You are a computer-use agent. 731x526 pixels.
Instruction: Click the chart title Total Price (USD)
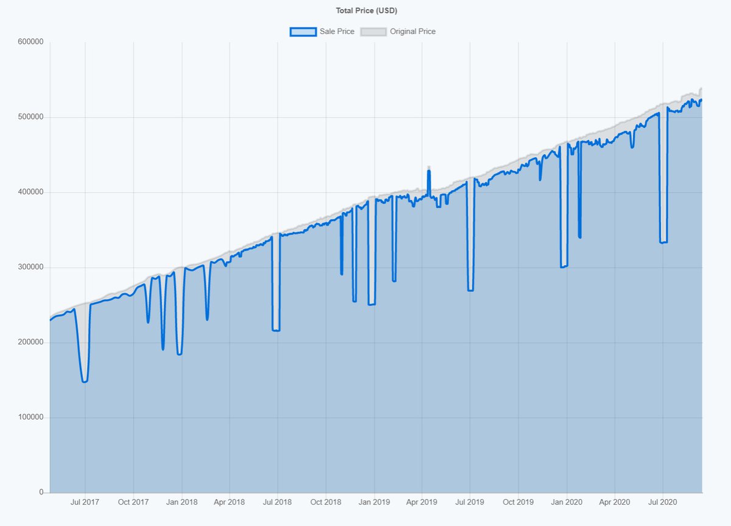(367, 10)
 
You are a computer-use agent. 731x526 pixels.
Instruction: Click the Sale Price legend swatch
(303, 32)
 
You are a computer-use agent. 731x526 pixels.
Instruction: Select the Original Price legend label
(412, 32)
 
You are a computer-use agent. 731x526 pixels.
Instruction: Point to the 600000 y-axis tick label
(30, 42)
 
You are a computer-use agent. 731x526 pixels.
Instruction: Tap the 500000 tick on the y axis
(30, 117)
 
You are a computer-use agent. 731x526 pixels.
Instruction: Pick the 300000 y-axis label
(30, 268)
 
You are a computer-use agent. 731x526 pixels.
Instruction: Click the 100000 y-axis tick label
(30, 418)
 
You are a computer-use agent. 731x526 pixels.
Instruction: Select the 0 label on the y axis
(41, 492)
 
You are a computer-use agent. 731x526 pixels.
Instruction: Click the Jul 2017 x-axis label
(85, 503)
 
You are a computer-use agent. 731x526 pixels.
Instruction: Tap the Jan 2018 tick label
(182, 503)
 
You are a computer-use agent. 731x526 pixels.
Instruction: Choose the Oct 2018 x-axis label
(326, 503)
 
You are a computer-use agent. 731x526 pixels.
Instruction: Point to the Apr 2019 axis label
(422, 503)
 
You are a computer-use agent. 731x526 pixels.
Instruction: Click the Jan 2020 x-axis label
(567, 503)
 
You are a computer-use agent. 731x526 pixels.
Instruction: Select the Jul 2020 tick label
(662, 503)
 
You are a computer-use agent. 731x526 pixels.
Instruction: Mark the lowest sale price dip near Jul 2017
(85, 382)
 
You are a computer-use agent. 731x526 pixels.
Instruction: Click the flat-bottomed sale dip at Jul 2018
(276, 330)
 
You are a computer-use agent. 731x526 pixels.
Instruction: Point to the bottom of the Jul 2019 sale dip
(470, 290)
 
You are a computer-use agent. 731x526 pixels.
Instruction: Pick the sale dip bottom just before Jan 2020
(564, 266)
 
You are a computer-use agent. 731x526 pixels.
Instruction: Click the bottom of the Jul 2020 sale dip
(663, 243)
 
